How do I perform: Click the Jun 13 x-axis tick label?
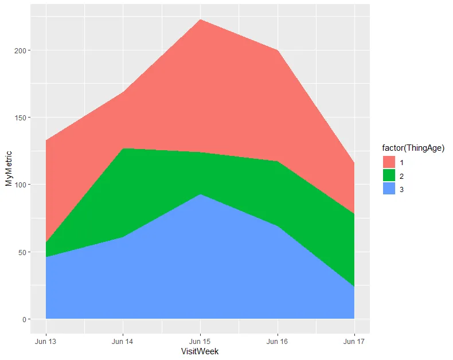coord(45,341)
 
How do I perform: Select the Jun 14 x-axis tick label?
coord(123,341)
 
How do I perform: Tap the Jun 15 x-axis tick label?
coord(200,341)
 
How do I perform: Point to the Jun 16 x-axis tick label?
coord(278,341)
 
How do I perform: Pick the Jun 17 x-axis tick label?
coord(354,341)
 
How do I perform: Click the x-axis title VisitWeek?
coord(200,351)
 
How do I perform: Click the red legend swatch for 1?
coord(389,162)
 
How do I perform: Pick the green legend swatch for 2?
coord(389,175)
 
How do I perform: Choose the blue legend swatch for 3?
coord(389,189)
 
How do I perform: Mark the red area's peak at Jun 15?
coord(200,19)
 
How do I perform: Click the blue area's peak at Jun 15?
coord(200,194)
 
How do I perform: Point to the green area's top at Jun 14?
coord(123,148)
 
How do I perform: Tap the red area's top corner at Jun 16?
coord(278,50)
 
